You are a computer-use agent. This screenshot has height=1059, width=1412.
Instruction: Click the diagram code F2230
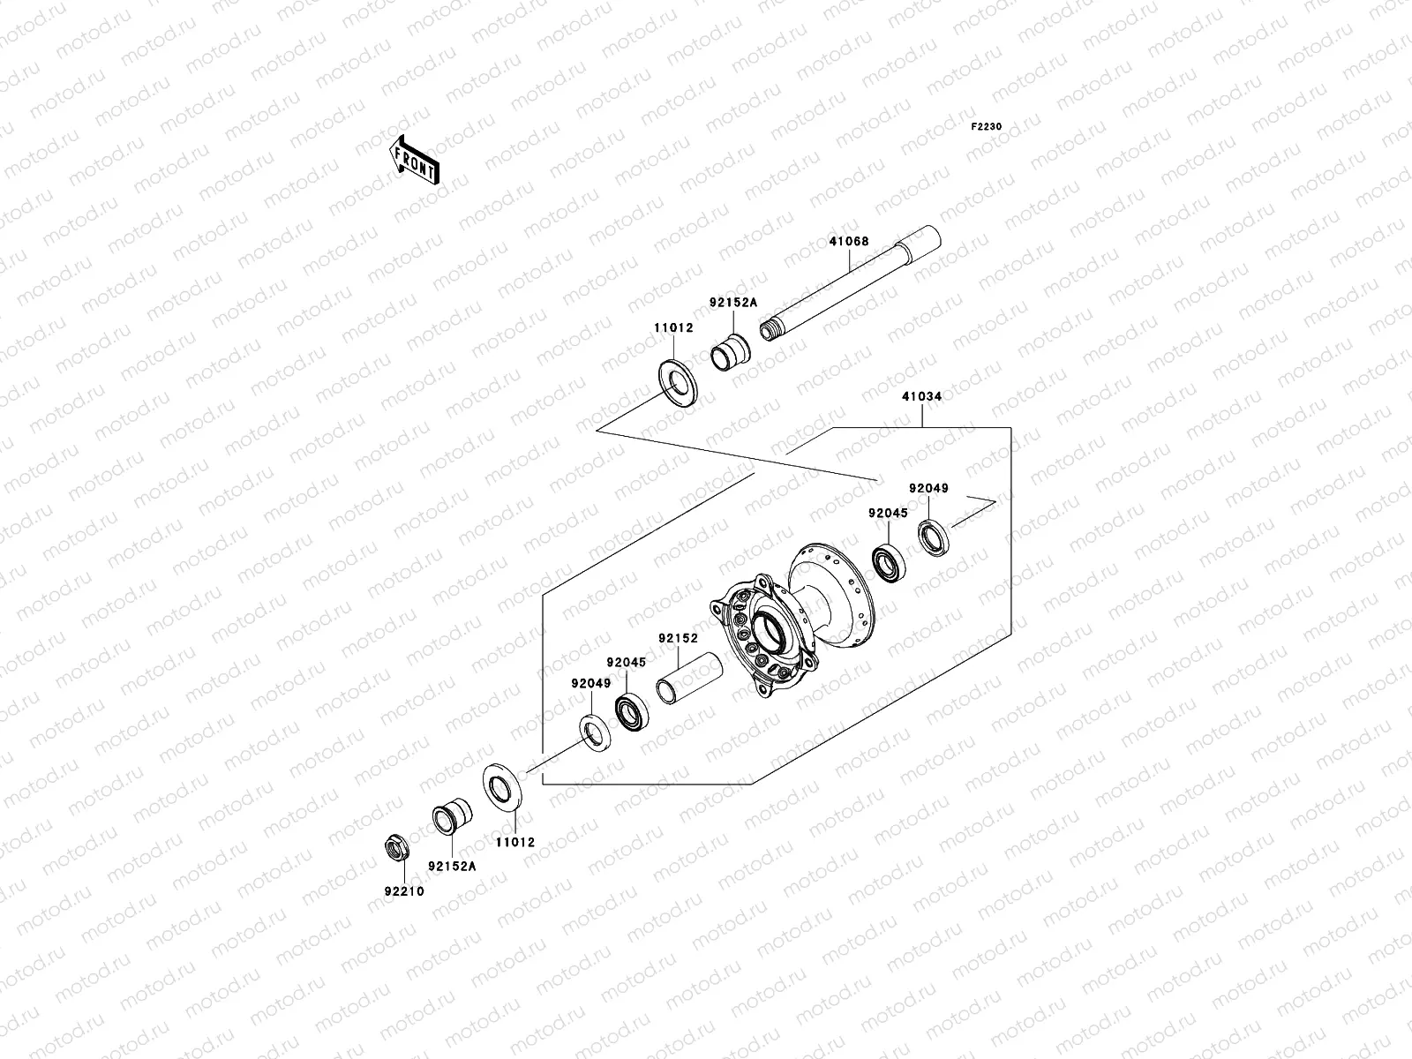click(x=987, y=127)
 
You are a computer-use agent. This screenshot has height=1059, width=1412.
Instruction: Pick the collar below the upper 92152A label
click(x=730, y=353)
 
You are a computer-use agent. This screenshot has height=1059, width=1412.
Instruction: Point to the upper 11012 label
click(x=673, y=327)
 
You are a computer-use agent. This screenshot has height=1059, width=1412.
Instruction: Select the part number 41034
click(x=921, y=396)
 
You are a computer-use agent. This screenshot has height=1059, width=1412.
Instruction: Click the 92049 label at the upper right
click(x=929, y=488)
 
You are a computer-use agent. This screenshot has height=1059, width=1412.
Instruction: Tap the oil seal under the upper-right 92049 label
click(x=934, y=537)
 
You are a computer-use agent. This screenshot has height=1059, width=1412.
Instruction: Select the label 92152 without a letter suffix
click(x=677, y=638)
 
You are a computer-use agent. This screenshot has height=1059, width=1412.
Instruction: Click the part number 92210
click(x=403, y=891)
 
